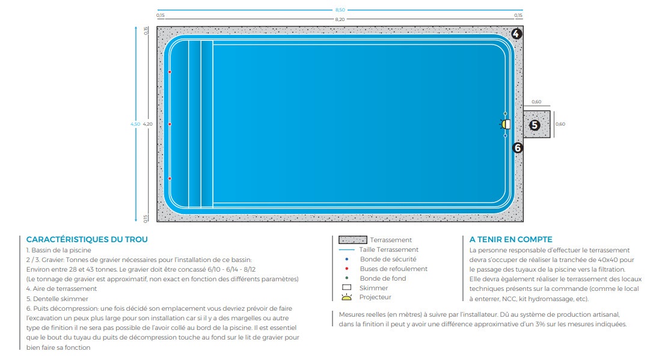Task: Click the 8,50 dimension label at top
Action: pyautogui.click(x=340, y=10)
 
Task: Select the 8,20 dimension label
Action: pyautogui.click(x=340, y=19)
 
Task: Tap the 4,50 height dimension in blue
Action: pyautogui.click(x=135, y=124)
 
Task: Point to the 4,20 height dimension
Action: pyautogui.click(x=148, y=124)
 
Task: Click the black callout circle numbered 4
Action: pyautogui.click(x=516, y=34)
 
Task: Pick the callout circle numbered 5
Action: pyautogui.click(x=535, y=125)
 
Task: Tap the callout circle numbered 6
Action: pyautogui.click(x=518, y=148)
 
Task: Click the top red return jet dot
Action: pyautogui.click(x=170, y=72)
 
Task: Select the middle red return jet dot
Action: pyautogui.click(x=170, y=124)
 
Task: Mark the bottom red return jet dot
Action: pyautogui.click(x=170, y=178)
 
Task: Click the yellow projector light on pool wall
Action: pyautogui.click(x=504, y=124)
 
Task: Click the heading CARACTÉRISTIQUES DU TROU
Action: pyautogui.click(x=87, y=239)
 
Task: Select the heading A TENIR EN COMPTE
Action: pyautogui.click(x=511, y=239)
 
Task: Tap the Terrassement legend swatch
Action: pyautogui.click(x=353, y=240)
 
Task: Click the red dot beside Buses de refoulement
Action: pyautogui.click(x=347, y=269)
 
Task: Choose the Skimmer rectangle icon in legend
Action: pyautogui.click(x=347, y=288)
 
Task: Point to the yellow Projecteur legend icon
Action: pyautogui.click(x=347, y=297)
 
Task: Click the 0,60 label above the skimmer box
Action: pyautogui.click(x=537, y=102)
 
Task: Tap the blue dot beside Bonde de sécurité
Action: pyautogui.click(x=347, y=259)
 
